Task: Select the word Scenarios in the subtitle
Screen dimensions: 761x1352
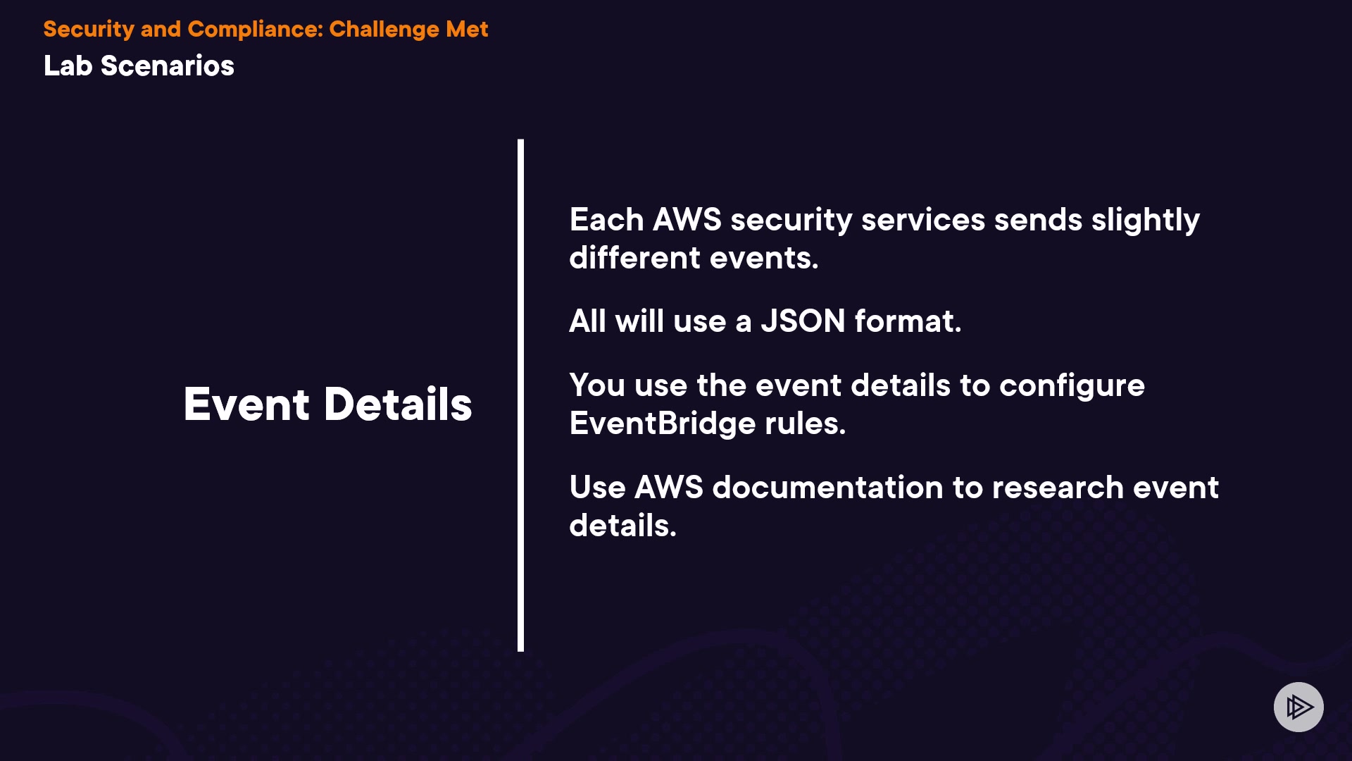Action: [167, 66]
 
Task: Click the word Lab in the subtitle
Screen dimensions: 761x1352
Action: [68, 66]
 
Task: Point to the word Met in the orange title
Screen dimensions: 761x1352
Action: [466, 30]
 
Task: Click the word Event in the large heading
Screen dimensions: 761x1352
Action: [246, 404]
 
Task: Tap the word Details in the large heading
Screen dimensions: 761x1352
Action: [398, 404]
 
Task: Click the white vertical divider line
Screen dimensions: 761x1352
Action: [520, 395]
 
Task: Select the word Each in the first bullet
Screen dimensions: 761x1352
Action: [606, 220]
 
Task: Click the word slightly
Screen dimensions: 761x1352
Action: [1145, 221]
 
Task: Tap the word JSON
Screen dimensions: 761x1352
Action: [803, 321]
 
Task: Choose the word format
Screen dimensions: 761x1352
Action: [907, 321]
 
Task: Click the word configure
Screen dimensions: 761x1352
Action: [1072, 386]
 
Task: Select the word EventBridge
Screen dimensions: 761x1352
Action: [662, 423]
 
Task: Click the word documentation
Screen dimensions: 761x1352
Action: [827, 488]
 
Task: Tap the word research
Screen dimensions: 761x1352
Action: [1058, 488]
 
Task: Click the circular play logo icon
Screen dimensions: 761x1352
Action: [1298, 707]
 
